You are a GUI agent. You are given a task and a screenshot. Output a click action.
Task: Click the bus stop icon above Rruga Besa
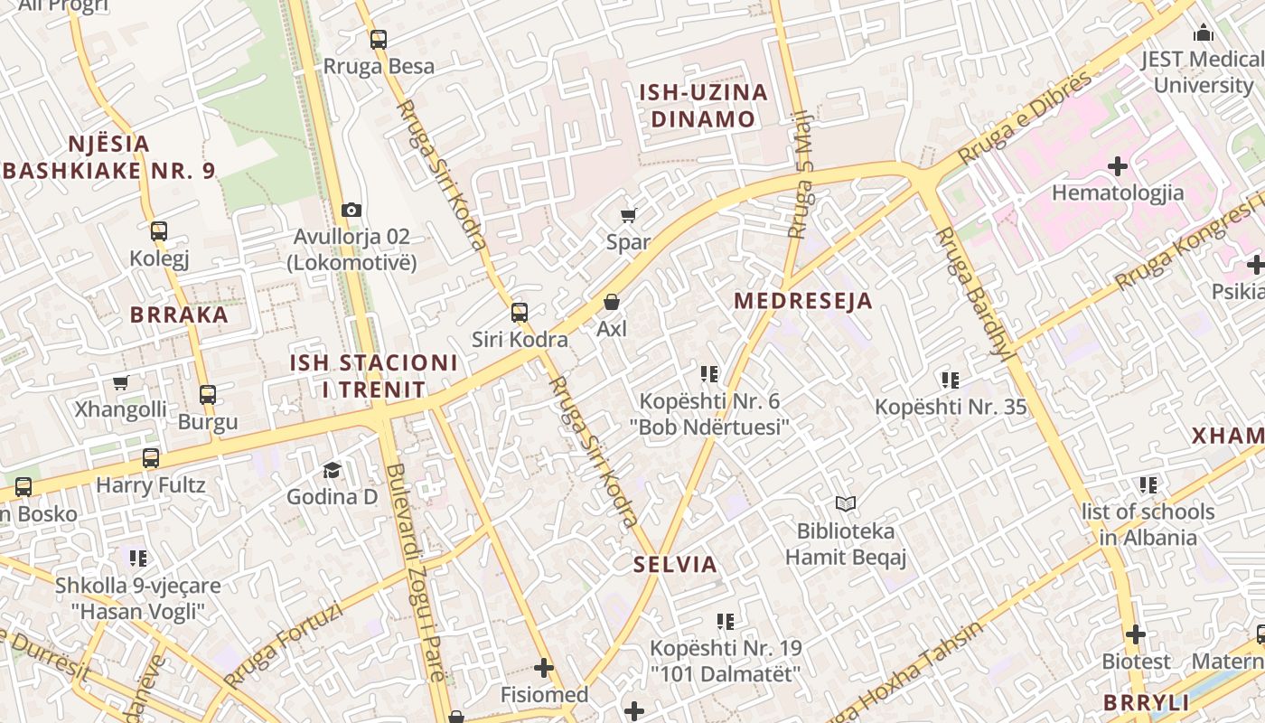point(378,39)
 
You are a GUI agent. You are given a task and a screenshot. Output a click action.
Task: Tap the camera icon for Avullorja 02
point(351,210)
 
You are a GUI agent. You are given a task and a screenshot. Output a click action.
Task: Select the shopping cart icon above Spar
point(628,215)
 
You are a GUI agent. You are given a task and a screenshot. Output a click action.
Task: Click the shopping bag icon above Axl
point(612,302)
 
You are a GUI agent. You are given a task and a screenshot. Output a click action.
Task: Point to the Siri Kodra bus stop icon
point(520,313)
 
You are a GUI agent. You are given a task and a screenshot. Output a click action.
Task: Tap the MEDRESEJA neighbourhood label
point(803,301)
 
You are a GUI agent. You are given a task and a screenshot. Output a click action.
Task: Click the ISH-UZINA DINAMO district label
point(703,106)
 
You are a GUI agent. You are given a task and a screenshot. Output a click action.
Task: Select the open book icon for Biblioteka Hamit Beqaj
point(845,503)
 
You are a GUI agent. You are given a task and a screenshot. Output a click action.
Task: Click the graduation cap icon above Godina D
point(332,470)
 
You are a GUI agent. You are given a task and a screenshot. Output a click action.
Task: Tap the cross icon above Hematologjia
point(1118,166)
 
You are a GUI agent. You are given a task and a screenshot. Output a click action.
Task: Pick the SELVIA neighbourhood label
point(675,565)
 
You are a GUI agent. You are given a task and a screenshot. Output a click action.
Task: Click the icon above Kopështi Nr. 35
point(950,380)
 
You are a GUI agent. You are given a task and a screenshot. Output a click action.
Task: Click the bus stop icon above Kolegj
point(159,231)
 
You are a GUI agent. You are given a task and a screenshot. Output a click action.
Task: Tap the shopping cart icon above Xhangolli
point(120,382)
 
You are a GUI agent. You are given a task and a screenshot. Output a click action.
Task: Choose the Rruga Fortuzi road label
point(283,644)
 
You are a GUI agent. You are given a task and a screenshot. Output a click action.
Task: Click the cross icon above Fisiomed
point(544,668)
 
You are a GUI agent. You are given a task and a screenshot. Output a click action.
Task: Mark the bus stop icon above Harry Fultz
point(151,458)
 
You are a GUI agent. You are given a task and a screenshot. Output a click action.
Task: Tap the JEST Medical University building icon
point(1204,33)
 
